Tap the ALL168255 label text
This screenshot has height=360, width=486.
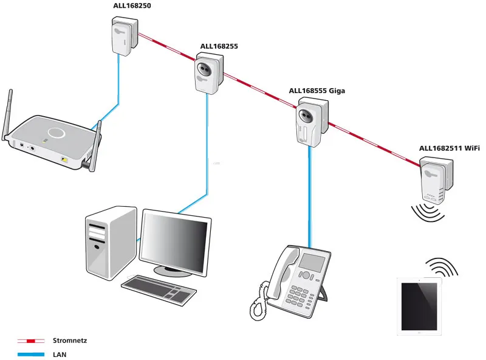click(219, 46)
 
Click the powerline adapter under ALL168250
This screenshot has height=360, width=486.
click(123, 36)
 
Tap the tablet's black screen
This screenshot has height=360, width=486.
click(420, 306)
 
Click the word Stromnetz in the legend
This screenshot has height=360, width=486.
click(70, 341)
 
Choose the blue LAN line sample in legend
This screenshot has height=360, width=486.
click(30, 353)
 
